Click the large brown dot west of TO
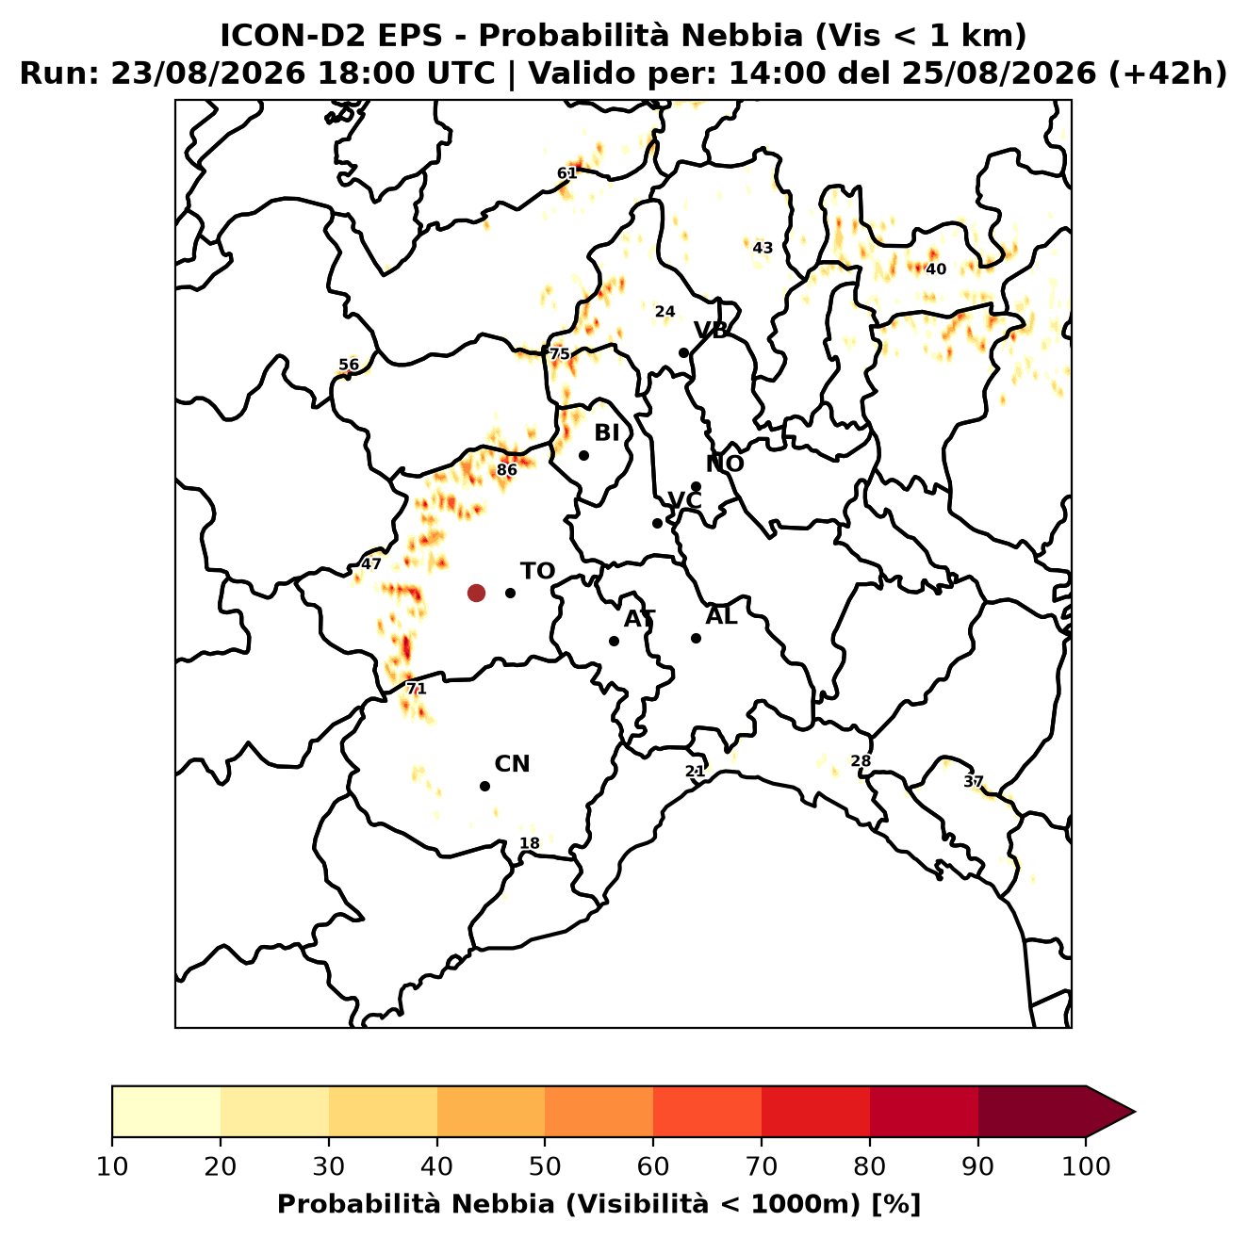click(x=476, y=592)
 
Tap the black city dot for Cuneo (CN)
click(x=484, y=786)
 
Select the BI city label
click(x=607, y=433)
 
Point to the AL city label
click(x=721, y=616)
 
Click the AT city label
click(x=639, y=619)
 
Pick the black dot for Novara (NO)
click(x=696, y=486)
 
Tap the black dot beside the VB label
click(x=683, y=352)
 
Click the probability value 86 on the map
click(x=507, y=470)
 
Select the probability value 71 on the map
click(x=416, y=689)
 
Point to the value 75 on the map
click(x=560, y=354)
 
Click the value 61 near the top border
click(x=566, y=172)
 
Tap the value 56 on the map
click(x=349, y=365)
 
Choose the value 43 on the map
click(x=763, y=248)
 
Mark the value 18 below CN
click(x=530, y=843)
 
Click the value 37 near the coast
click(x=974, y=781)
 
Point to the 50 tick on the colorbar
click(x=545, y=1166)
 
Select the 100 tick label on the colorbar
click(x=1086, y=1166)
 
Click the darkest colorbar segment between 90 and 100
click(x=1031, y=1112)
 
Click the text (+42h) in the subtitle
click(x=1167, y=73)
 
